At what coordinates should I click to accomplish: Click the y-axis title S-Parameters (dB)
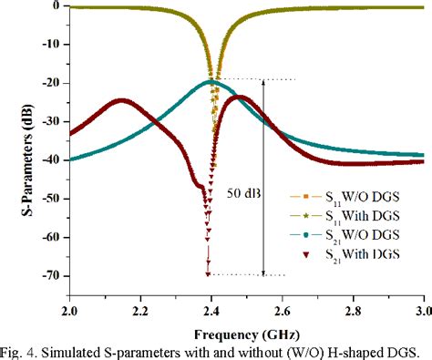coord(11,144)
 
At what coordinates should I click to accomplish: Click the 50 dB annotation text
coord(239,192)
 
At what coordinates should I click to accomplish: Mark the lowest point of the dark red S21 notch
coord(210,273)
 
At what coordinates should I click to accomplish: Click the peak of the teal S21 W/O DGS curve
coord(211,82)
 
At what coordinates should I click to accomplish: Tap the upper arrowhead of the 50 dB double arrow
coord(263,83)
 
